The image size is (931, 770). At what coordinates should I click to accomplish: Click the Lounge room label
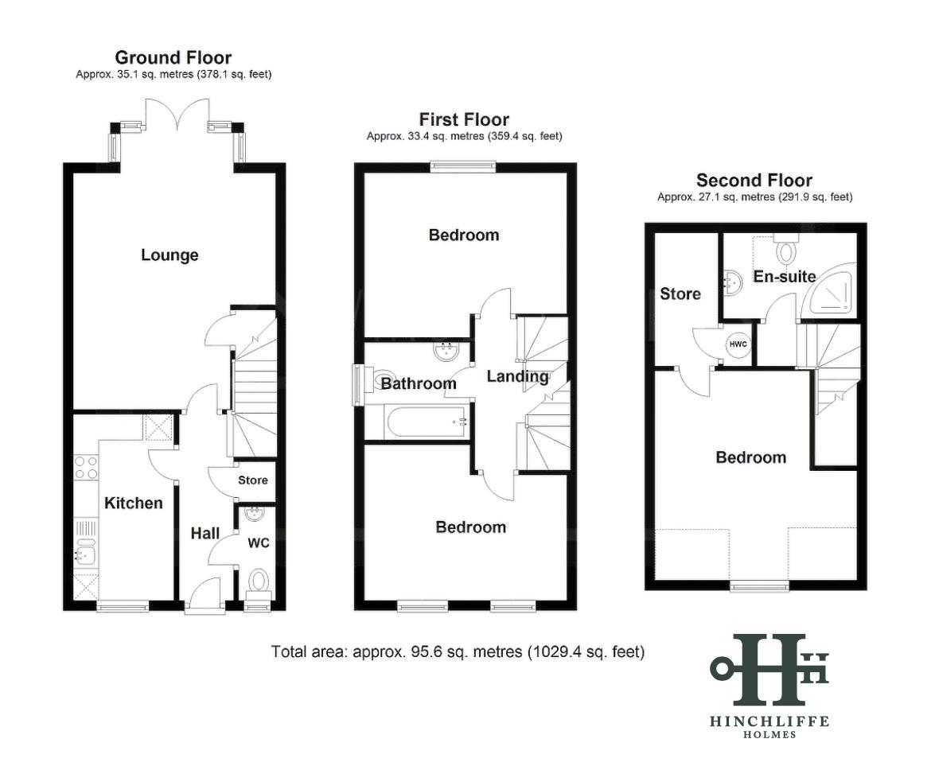pos(169,255)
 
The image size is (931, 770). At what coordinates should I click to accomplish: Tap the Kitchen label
pos(134,503)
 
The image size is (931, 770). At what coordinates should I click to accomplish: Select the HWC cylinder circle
pos(738,344)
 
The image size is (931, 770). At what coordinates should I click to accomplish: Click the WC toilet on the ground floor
pos(259,581)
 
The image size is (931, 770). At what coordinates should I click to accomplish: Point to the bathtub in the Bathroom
pos(427,422)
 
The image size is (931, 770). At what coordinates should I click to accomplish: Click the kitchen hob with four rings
pos(85,467)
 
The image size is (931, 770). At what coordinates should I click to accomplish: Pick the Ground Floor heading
pos(173,57)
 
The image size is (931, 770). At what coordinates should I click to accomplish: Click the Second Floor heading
pos(754,180)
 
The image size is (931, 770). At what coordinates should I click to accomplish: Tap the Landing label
pos(517,376)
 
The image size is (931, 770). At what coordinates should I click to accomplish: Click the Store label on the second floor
pos(680,294)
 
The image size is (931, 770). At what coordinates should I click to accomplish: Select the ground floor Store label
pos(253,480)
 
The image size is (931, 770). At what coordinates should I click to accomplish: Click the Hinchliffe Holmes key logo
pos(769,668)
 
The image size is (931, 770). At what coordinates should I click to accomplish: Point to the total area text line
pos(458,651)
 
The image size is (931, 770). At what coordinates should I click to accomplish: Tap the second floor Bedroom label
pos(751,457)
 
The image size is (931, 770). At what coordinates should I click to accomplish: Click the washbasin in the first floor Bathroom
pos(446,352)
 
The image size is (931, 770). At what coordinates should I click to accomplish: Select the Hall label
pos(205,533)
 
